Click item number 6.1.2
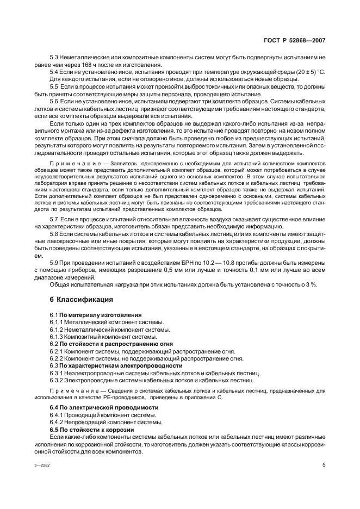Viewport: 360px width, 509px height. pyautogui.click(x=58, y=330)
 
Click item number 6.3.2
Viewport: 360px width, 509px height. pyautogui.click(x=58, y=381)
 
